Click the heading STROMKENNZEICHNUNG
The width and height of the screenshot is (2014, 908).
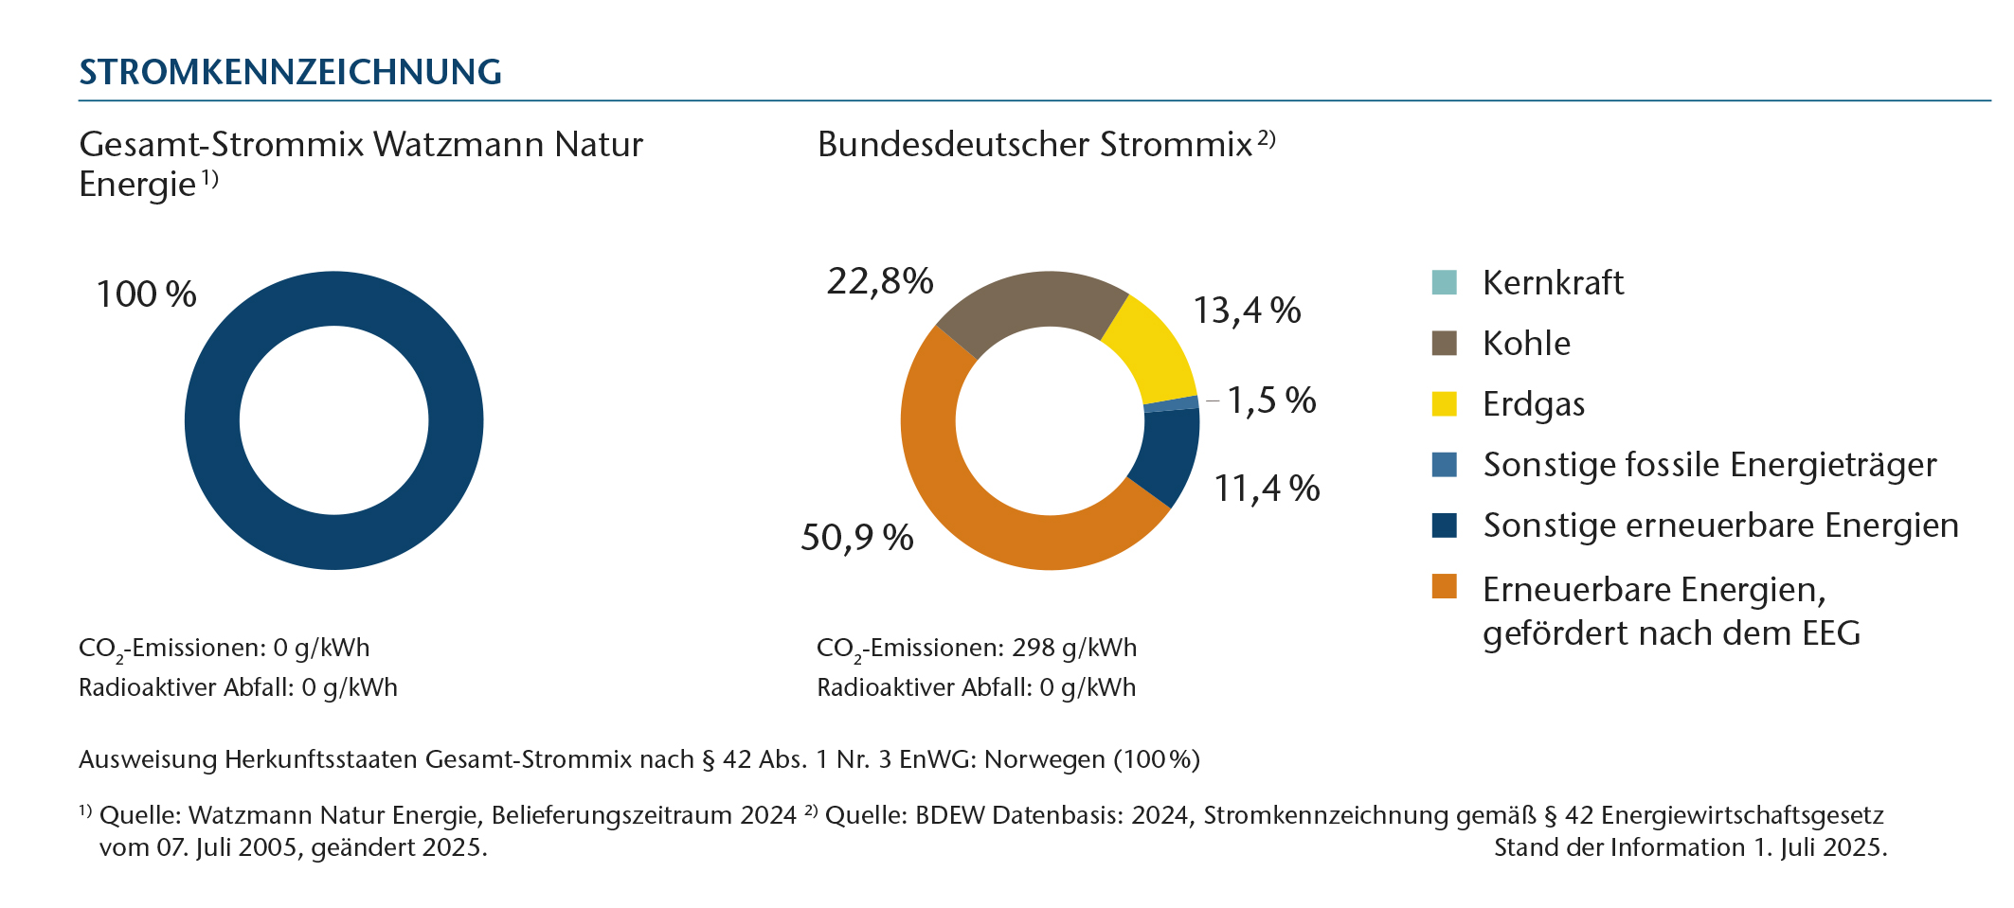pyautogui.click(x=290, y=72)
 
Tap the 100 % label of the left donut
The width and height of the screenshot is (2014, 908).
pyautogui.click(x=146, y=294)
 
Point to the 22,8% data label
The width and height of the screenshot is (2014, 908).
pyautogui.click(x=880, y=281)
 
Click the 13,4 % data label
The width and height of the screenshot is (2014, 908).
pyautogui.click(x=1247, y=311)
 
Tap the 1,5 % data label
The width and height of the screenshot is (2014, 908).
pyautogui.click(x=1271, y=401)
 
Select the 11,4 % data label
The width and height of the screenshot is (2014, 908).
pyautogui.click(x=1267, y=489)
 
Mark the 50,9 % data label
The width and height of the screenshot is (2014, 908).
pyautogui.click(x=856, y=538)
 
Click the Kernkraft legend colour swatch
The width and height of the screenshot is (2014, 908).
pyautogui.click(x=1444, y=282)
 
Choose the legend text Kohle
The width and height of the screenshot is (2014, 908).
pyautogui.click(x=1526, y=343)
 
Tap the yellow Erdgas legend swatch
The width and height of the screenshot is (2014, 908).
pyautogui.click(x=1444, y=403)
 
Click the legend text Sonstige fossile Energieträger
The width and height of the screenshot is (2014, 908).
pyautogui.click(x=1709, y=465)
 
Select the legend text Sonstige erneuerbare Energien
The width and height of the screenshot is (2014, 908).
pyautogui.click(x=1720, y=525)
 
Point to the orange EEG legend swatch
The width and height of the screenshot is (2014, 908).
pyautogui.click(x=1444, y=587)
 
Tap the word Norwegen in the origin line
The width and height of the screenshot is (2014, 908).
pyautogui.click(x=1045, y=759)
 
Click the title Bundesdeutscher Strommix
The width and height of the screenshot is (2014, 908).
pyautogui.click(x=1034, y=145)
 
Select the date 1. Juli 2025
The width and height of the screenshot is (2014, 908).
pyautogui.click(x=1820, y=847)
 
